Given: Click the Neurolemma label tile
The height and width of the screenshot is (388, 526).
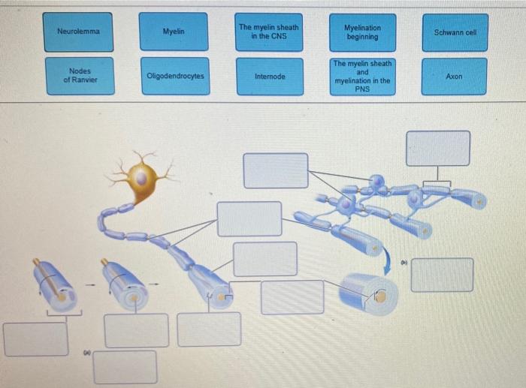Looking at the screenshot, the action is pyautogui.click(x=78, y=32).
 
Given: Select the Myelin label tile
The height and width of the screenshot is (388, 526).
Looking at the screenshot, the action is pyautogui.click(x=174, y=32).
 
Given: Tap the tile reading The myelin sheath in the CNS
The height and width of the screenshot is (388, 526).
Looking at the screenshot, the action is pyautogui.click(x=269, y=32).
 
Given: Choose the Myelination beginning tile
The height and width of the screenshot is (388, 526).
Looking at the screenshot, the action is pyautogui.click(x=362, y=32).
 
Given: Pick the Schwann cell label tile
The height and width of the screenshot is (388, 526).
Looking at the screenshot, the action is pyautogui.click(x=455, y=32).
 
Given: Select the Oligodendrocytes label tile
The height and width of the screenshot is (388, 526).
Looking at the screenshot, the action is pyautogui.click(x=175, y=76).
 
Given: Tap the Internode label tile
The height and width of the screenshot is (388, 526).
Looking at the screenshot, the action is pyautogui.click(x=270, y=77).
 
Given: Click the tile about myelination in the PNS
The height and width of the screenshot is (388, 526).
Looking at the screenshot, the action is pyautogui.click(x=362, y=77).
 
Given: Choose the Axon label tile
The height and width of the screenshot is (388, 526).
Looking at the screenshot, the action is pyautogui.click(x=454, y=77).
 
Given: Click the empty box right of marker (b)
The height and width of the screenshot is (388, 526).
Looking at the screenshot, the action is pyautogui.click(x=442, y=275).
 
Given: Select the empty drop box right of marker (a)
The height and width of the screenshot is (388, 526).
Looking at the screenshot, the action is pyautogui.click(x=125, y=367).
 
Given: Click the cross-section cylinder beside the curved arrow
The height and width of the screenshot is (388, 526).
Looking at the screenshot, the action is pyautogui.click(x=367, y=292).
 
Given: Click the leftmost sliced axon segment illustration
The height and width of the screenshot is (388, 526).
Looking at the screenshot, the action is pyautogui.click(x=54, y=286).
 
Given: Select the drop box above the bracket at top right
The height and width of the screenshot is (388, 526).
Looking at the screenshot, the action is pyautogui.click(x=438, y=148).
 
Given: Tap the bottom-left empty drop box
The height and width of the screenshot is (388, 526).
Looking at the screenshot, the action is pyautogui.click(x=35, y=339).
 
